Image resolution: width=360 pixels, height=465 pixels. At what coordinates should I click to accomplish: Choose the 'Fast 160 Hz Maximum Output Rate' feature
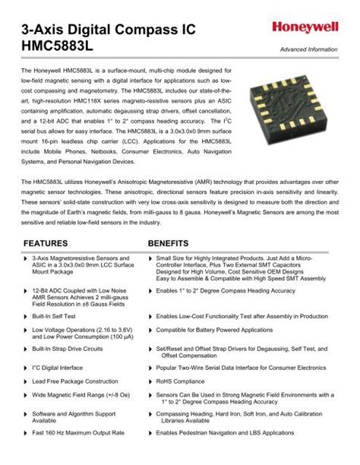point(78,432)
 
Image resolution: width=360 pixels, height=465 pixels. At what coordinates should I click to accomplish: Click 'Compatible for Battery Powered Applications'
point(214,330)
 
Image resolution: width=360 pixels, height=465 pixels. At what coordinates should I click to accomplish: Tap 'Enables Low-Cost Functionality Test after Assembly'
point(242,315)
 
